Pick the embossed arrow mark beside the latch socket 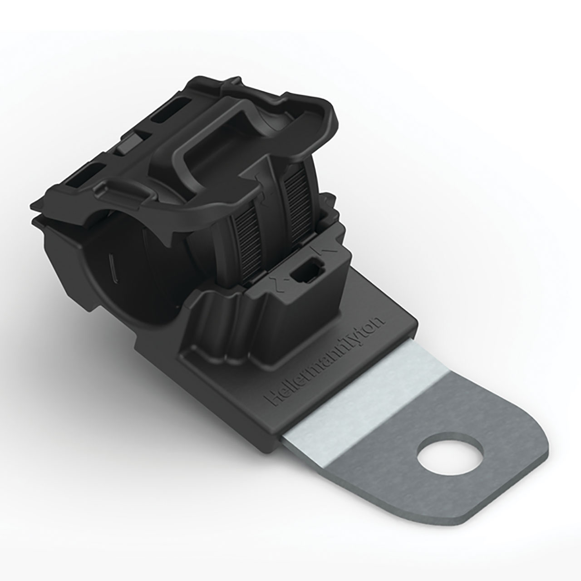tap(320, 249)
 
